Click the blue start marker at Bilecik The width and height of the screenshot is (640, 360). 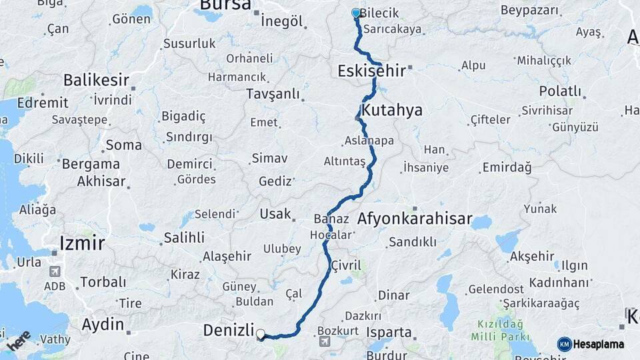(356, 13)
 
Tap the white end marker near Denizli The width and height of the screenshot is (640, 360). (261, 335)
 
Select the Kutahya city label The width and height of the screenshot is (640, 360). (392, 110)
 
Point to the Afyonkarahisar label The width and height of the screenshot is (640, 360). (415, 219)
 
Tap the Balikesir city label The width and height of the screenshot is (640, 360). (96, 80)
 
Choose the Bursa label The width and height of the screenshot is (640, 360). (225, 6)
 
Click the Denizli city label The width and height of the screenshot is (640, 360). (229, 331)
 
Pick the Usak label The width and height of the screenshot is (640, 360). (275, 214)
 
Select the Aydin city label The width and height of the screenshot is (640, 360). (103, 325)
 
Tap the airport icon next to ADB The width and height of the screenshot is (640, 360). (54, 272)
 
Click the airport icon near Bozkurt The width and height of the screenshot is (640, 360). (325, 342)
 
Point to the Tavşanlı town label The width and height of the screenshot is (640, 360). (273, 94)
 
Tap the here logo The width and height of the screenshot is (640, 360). (19, 341)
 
